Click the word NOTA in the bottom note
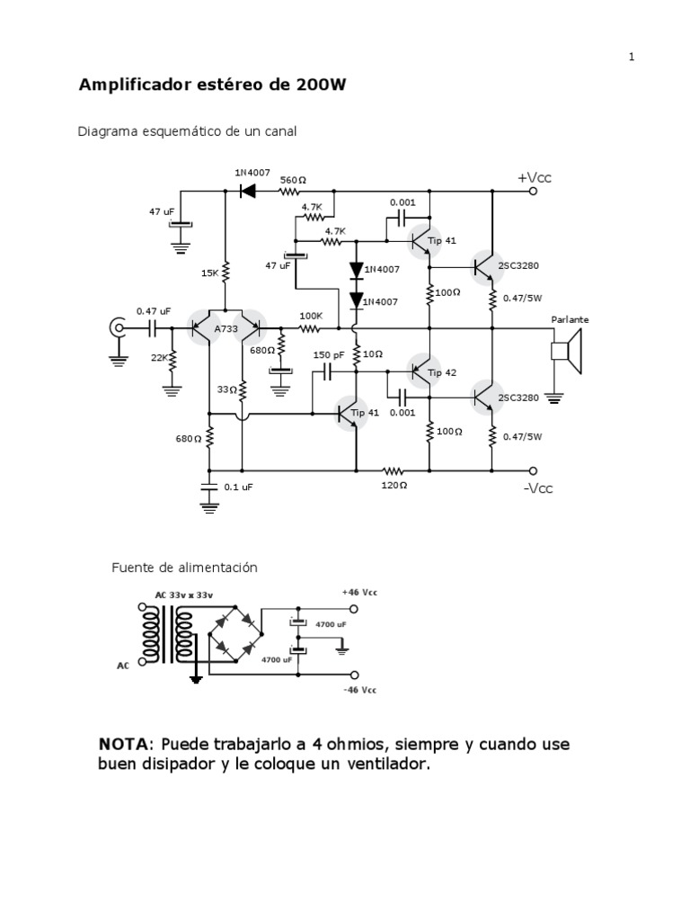123,746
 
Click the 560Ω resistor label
293,180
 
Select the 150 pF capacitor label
328,354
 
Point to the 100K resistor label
311,316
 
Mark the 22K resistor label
159,357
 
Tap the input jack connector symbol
117,329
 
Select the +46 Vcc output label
358,593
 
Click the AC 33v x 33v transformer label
184,595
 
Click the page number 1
632,57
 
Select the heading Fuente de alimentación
184,568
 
